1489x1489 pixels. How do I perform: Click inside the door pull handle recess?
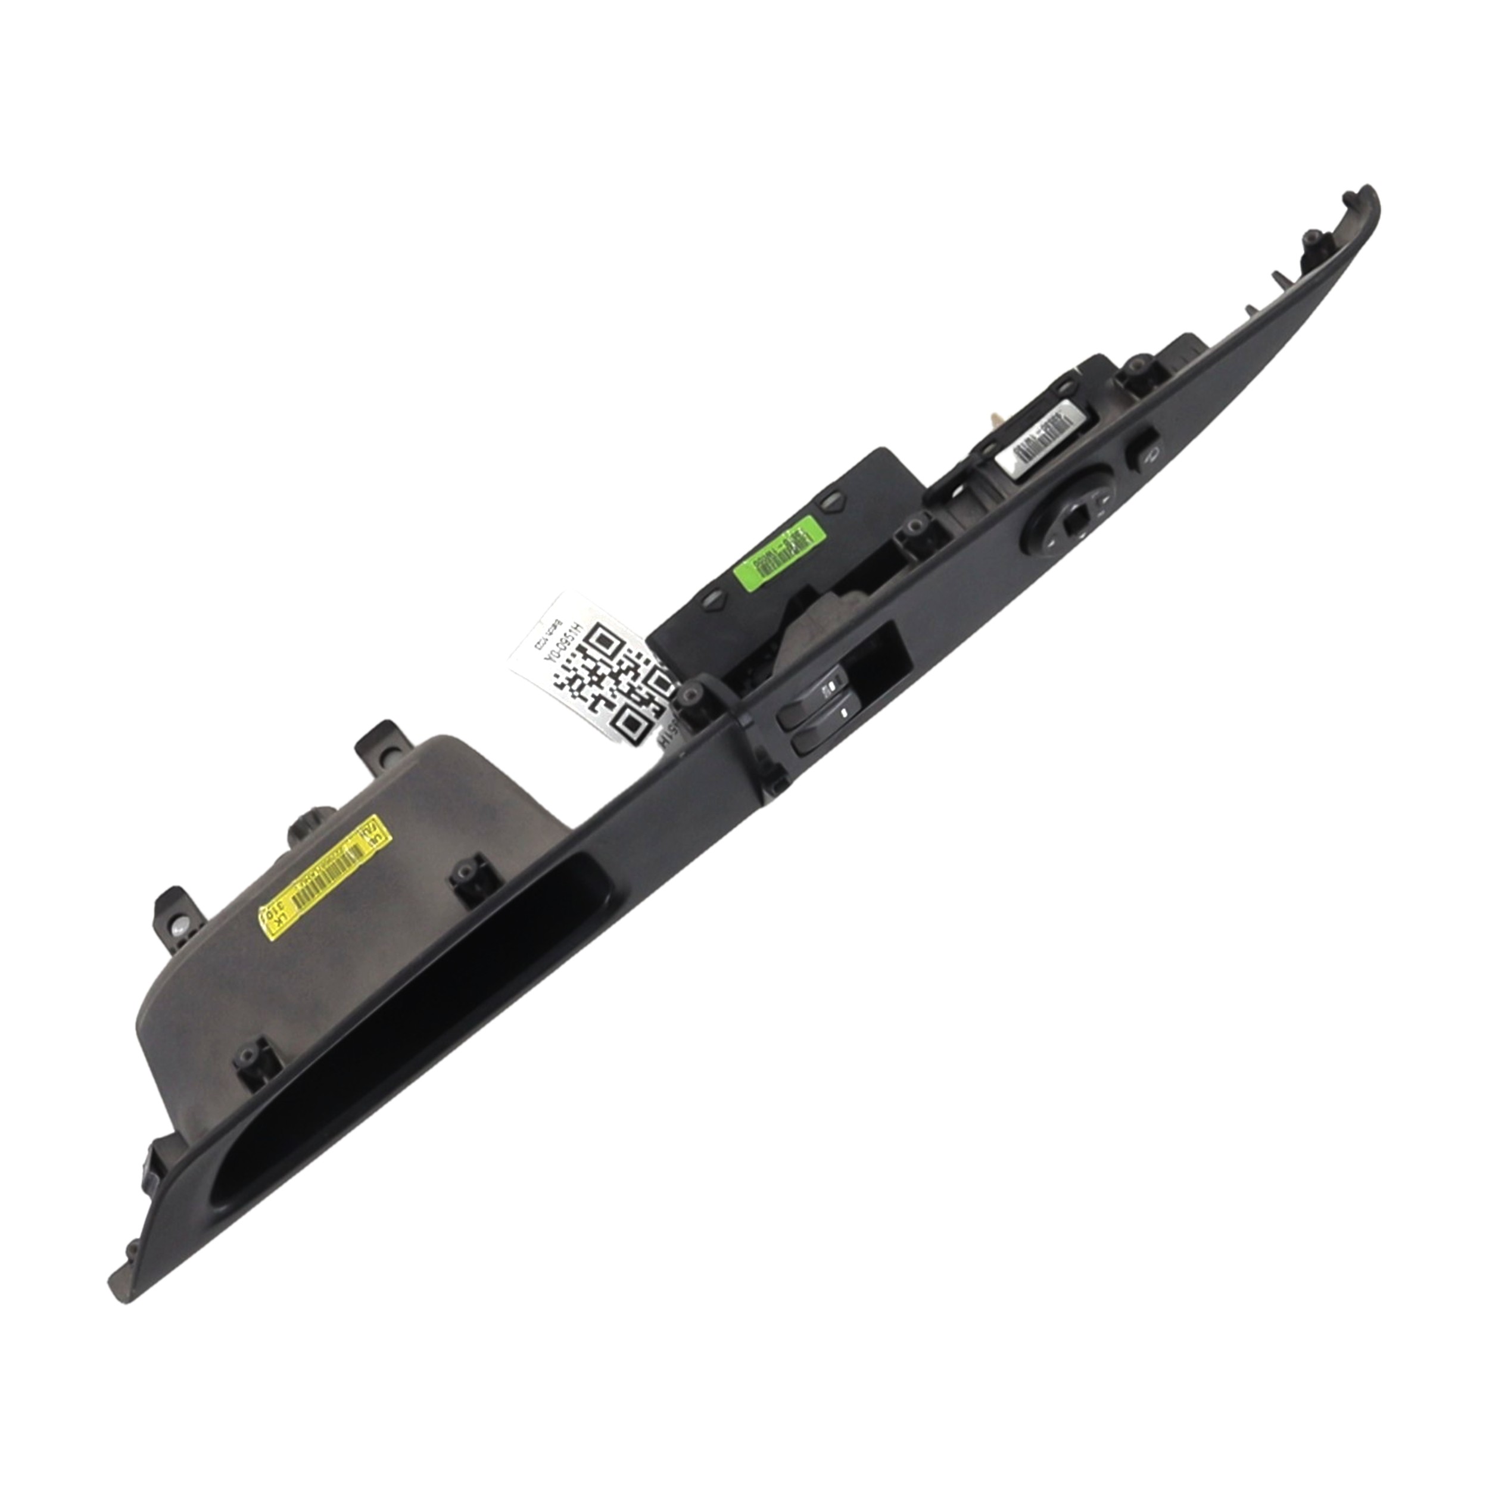click(401, 1017)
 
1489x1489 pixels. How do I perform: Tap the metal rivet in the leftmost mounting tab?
click(178, 930)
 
